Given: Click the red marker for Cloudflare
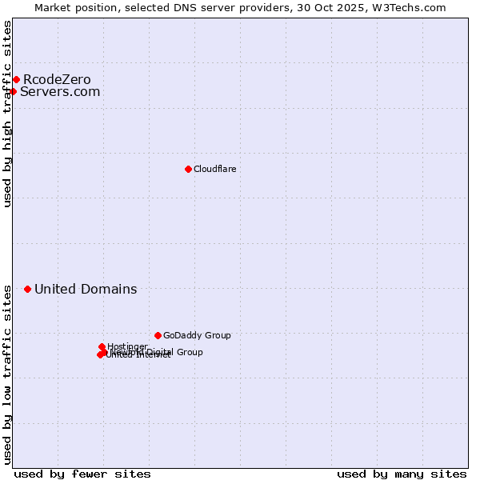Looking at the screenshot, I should (188, 169).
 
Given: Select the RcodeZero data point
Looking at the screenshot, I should (16, 79).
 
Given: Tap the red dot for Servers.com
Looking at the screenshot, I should (13, 91).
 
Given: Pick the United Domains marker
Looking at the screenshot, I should (27, 289).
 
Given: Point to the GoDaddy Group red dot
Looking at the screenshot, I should (158, 335).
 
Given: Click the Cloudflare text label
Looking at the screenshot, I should (214, 169).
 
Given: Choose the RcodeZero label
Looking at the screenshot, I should (57, 79).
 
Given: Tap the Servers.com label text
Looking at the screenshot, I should (60, 91).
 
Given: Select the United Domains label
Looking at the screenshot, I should (86, 289).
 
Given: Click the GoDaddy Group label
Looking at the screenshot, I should (197, 335).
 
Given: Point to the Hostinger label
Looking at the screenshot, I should (127, 346).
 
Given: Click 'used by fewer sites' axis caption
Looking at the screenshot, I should (82, 474).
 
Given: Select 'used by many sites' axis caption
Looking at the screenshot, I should (402, 474).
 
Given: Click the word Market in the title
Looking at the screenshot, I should (53, 7).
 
